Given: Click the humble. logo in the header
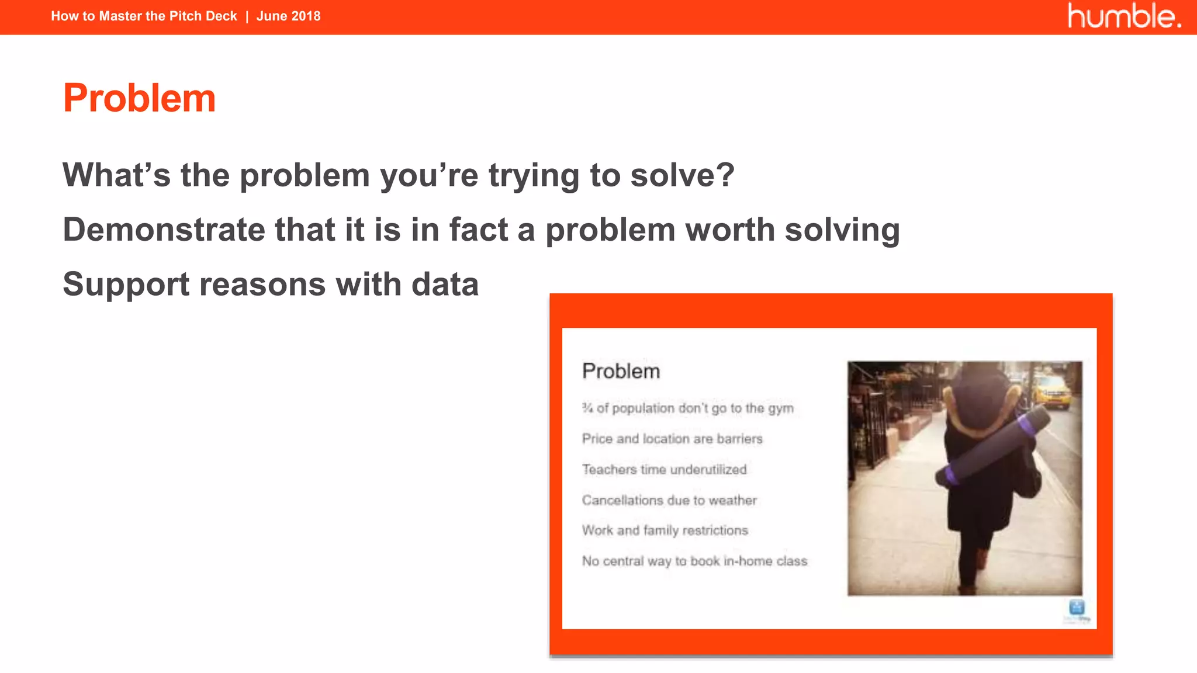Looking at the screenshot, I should [1124, 16].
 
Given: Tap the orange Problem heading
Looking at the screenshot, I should [139, 98].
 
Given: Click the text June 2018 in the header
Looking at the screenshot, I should [288, 16].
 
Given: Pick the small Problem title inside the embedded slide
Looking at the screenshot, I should [621, 371].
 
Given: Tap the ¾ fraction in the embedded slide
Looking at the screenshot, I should [587, 408].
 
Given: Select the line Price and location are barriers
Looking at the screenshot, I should [672, 439].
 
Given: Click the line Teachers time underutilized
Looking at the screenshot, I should [664, 470].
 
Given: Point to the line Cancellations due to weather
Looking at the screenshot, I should [669, 500].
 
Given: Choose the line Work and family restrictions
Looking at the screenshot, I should [665, 530].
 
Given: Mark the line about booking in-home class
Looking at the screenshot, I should [694, 561].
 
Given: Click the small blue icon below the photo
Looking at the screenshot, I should [1077, 607].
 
